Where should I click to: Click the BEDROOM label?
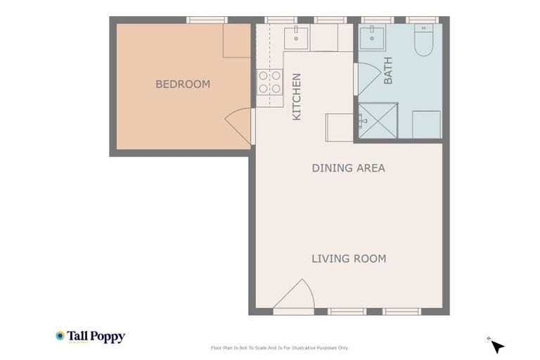(x=183, y=84)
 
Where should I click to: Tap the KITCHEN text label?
(x=297, y=97)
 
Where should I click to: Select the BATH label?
(x=388, y=71)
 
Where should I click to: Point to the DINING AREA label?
(x=348, y=168)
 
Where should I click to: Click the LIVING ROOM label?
(x=349, y=259)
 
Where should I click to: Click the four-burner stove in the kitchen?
(x=269, y=82)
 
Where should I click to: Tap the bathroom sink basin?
(x=371, y=37)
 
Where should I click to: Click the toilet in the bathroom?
(x=423, y=41)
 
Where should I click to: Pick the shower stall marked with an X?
(x=378, y=120)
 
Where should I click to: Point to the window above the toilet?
(x=422, y=20)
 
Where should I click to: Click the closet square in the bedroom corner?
(x=236, y=41)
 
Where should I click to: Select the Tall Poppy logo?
(x=91, y=337)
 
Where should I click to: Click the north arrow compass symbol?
(x=497, y=346)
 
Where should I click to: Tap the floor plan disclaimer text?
(x=279, y=348)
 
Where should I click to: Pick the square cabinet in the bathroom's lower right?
(x=426, y=124)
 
